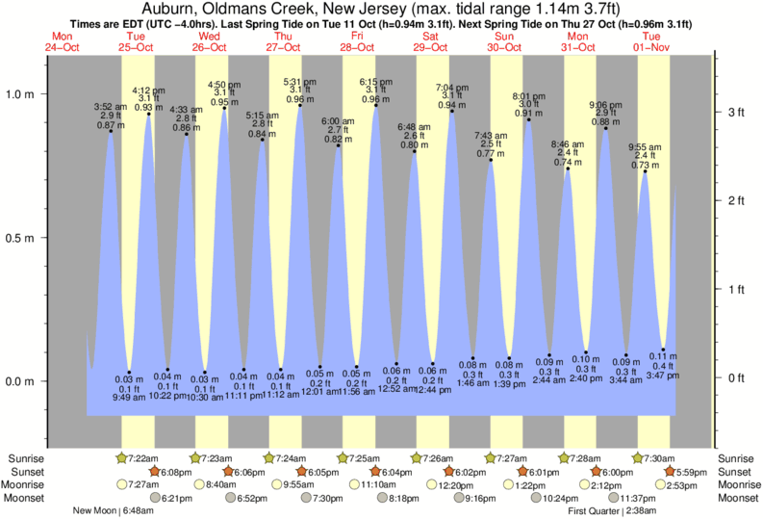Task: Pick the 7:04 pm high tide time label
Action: tap(450, 88)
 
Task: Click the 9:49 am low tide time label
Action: tap(128, 398)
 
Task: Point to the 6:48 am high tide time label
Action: tap(414, 126)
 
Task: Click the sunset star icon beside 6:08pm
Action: tap(153, 471)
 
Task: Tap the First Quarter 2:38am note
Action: tap(612, 511)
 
